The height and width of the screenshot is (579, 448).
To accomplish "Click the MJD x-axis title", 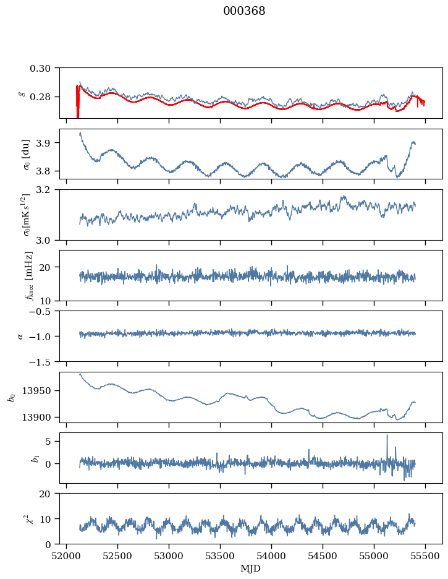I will click(250, 568).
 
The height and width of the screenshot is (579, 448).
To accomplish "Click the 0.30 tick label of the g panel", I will click(44, 67).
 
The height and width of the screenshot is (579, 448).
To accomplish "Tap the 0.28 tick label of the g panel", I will click(44, 97).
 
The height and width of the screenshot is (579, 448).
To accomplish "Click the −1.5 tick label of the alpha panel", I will click(44, 361).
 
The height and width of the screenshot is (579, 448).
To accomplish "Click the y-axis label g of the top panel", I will click(22, 93).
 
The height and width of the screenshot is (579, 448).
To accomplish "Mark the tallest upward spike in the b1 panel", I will click(387, 435).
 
